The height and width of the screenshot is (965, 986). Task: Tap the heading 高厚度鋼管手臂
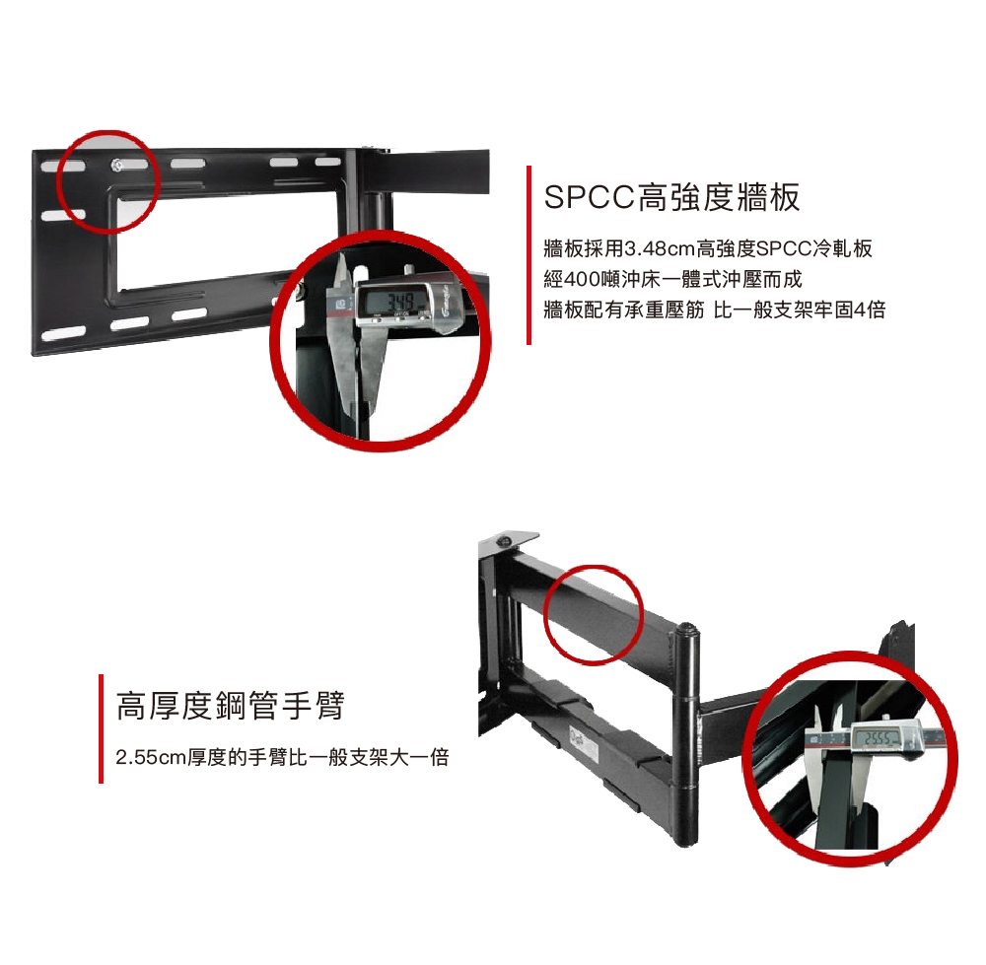coord(230,706)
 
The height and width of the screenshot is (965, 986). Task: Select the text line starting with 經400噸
coord(673,280)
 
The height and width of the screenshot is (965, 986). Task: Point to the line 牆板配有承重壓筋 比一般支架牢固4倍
coord(714,310)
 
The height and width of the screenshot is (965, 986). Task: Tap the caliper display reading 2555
coord(880,739)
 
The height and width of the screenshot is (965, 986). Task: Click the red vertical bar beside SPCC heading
coord(528,255)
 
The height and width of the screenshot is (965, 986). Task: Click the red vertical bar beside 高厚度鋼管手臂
coord(101,728)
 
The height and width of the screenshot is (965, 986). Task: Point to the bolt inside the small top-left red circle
coord(117,164)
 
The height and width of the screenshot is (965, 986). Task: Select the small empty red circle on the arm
coord(592,613)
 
